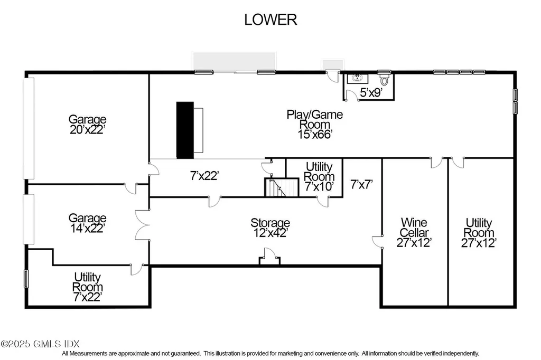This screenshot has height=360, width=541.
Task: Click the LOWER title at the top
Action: tap(270, 20)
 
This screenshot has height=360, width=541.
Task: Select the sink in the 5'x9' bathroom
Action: tap(358, 78)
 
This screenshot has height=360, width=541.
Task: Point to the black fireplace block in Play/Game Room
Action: tap(185, 130)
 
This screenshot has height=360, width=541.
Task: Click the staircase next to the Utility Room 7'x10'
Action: tap(281, 187)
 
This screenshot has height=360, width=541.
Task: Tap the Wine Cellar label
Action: tap(414, 227)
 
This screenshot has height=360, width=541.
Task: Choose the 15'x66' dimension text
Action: tap(315, 134)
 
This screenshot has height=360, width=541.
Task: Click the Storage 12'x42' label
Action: tap(270, 228)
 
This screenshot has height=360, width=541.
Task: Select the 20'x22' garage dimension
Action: tap(87, 129)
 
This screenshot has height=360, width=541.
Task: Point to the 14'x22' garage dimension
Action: tap(87, 228)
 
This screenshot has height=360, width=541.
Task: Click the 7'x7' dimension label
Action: tap(361, 184)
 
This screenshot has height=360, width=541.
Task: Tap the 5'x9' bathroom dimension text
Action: tap(371, 92)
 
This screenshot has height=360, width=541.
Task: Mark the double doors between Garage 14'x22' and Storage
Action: tap(142, 225)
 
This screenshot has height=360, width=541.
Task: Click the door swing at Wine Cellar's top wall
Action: tap(436, 163)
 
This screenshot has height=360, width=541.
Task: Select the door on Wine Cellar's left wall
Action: tap(377, 241)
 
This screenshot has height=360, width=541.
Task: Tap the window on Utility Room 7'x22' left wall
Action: tap(26, 279)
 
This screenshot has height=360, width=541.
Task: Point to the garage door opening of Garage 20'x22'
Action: tap(29, 128)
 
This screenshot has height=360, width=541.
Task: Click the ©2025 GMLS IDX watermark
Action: tap(40, 344)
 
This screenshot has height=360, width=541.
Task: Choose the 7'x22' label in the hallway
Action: tap(204, 176)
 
